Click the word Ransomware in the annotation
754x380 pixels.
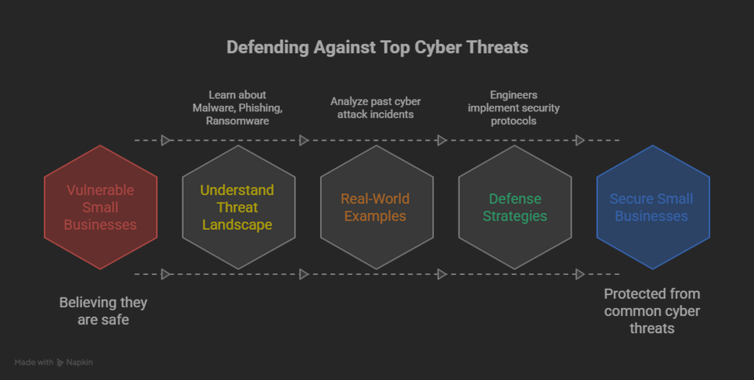[238, 121]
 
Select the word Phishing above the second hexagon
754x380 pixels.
[261, 108]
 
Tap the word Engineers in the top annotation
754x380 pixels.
[513, 95]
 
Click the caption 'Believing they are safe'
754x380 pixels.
[103, 310]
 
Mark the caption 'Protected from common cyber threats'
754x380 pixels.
[652, 310]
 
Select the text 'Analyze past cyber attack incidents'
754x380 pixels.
[376, 108]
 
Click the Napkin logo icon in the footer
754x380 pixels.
[61, 362]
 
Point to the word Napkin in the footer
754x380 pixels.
[80, 362]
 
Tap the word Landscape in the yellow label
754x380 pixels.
[238, 225]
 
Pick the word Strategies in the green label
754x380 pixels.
[515, 216]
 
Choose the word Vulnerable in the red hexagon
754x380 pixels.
[101, 190]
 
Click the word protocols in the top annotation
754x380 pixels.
[513, 121]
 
